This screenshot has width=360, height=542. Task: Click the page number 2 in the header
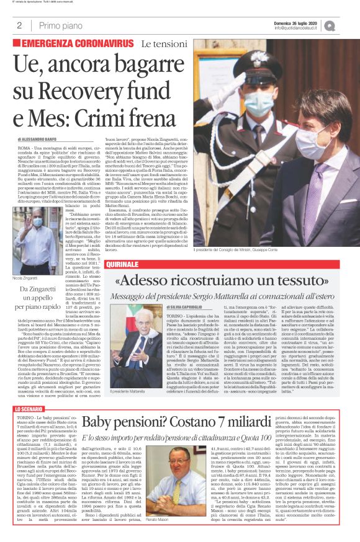(20, 25)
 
